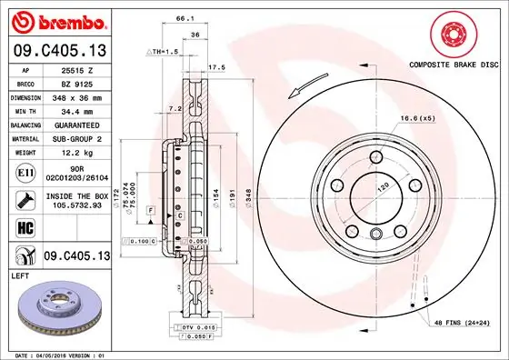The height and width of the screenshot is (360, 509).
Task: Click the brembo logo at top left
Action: (58, 20)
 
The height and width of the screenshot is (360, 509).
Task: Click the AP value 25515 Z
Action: (75, 69)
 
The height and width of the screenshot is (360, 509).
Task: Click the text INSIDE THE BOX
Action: (75, 195)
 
